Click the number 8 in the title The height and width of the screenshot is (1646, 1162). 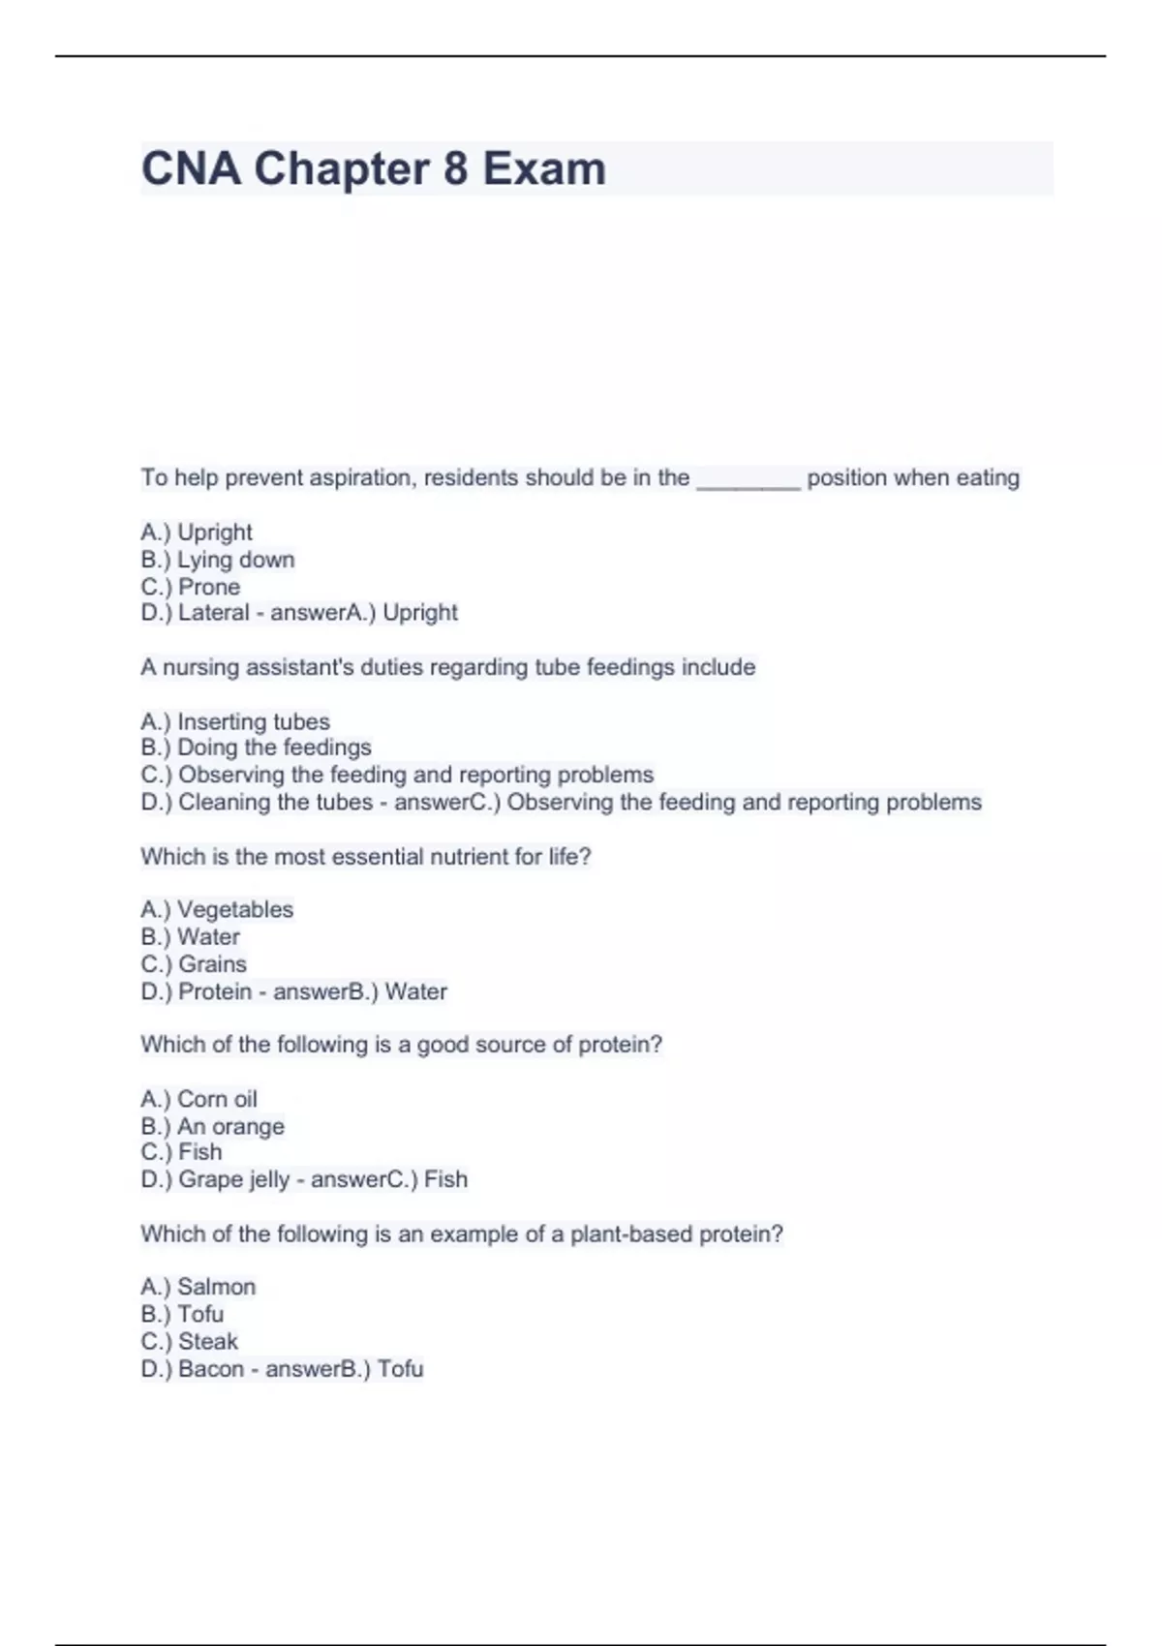[455, 169]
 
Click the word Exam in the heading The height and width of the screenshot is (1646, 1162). [544, 169]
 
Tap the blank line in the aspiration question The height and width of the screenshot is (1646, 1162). [748, 480]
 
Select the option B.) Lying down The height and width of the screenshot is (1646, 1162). [217, 560]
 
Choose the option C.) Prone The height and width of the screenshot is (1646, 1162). [190, 587]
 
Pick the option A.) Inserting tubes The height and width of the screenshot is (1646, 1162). [234, 721]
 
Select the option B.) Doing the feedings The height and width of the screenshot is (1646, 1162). [256, 747]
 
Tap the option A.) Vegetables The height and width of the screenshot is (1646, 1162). [217, 909]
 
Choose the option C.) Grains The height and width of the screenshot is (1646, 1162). [194, 964]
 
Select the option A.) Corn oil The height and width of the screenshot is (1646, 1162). [199, 1099]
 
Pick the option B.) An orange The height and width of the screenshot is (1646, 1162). [212, 1126]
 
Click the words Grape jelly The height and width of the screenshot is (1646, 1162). [233, 1179]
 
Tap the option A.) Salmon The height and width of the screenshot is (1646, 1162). [198, 1287]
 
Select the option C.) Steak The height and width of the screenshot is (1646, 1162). [189, 1341]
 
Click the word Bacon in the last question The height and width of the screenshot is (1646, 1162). [210, 1369]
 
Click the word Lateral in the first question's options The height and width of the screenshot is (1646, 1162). [213, 613]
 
